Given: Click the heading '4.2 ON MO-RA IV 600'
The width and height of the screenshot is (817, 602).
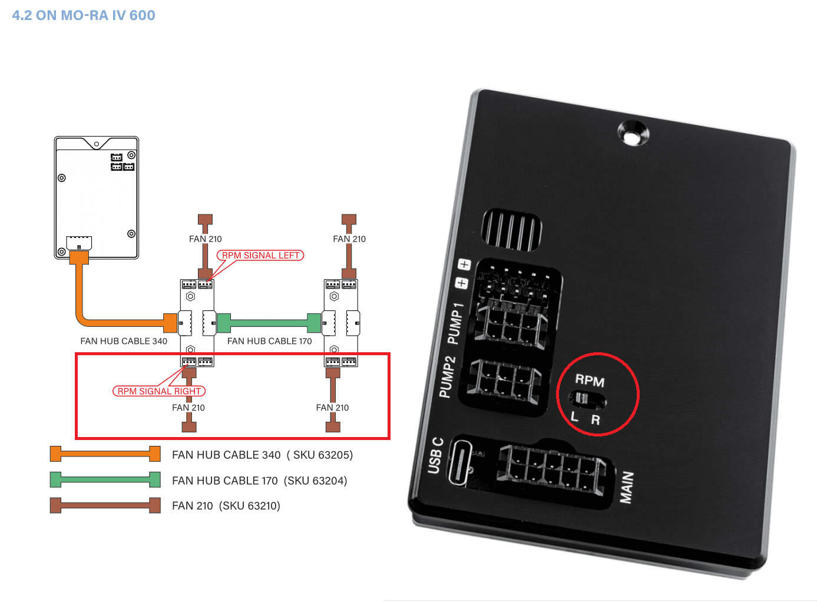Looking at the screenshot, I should point(84,15).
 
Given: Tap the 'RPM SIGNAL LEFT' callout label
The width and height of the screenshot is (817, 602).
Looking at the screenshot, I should point(260,255).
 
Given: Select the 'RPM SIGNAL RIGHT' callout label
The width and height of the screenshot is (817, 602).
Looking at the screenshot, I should point(159,391).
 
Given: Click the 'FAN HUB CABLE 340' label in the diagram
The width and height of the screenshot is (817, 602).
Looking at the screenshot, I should point(124,341).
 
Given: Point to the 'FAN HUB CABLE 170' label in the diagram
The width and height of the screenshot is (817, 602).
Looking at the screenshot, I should point(269,341).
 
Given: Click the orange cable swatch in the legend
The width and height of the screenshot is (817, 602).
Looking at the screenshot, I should point(105,454).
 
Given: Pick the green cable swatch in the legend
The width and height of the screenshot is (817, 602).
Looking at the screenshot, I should point(105,480).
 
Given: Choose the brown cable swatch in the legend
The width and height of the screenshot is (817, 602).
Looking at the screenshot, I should point(105,505).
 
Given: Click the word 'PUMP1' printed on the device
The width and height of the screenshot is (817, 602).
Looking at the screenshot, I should point(455,323).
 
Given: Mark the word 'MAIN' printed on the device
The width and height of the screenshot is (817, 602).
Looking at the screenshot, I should point(627,487).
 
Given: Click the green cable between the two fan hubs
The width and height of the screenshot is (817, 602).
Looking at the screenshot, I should point(269,323).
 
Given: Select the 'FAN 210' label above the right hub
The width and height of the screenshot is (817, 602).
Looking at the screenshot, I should point(349,239).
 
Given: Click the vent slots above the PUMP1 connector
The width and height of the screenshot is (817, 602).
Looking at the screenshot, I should point(511,230).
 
